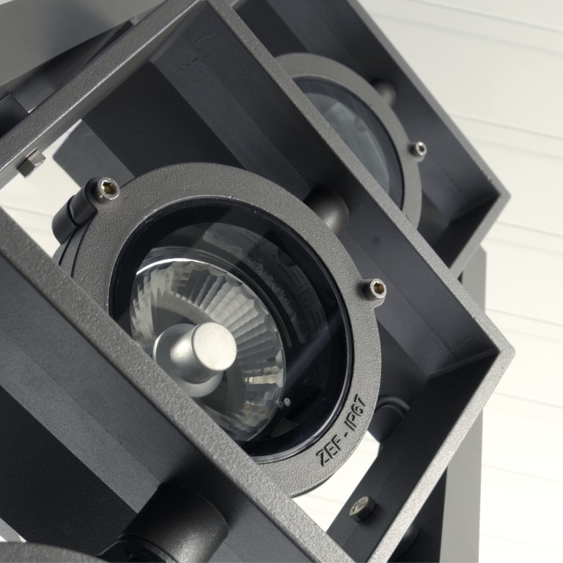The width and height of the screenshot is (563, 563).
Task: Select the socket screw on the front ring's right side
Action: [x=375, y=288]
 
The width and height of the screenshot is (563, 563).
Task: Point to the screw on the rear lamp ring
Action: [x=419, y=149]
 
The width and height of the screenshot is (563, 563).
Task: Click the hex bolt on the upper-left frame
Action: [x=32, y=162]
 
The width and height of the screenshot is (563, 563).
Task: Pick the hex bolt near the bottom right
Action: [x=363, y=508]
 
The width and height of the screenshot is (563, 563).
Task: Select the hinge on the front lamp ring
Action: [x=72, y=218]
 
